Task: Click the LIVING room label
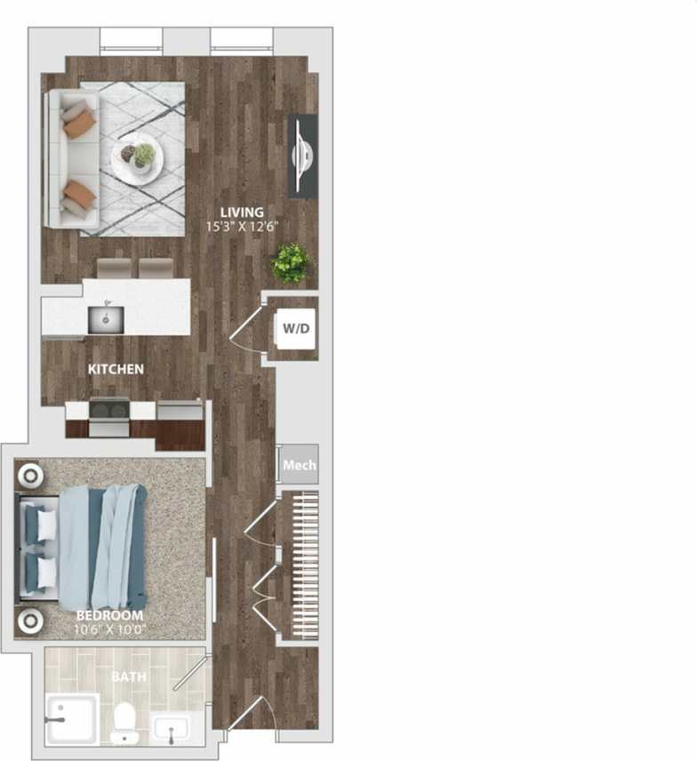(x=243, y=212)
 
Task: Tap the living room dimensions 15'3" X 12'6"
(x=243, y=225)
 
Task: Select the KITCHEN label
(x=116, y=368)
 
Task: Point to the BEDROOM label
(x=109, y=616)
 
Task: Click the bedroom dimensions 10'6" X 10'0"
(x=109, y=629)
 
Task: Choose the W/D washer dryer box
(x=296, y=329)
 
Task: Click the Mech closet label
(x=299, y=465)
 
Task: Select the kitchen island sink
(x=105, y=318)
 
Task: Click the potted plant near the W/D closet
(x=291, y=262)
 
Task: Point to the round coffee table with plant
(x=137, y=157)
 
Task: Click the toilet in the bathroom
(x=124, y=722)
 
